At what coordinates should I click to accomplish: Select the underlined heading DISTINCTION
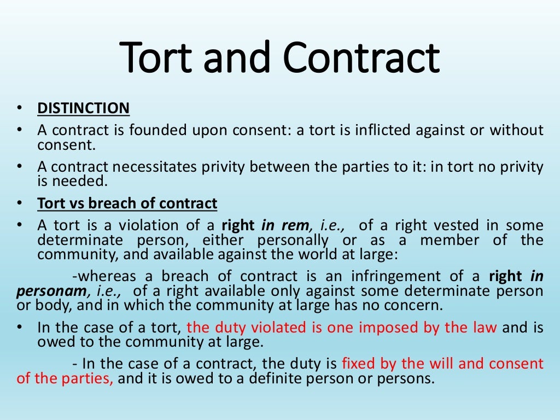(83, 108)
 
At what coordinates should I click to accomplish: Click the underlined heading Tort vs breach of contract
(127, 203)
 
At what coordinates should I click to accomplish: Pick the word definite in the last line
(287, 379)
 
